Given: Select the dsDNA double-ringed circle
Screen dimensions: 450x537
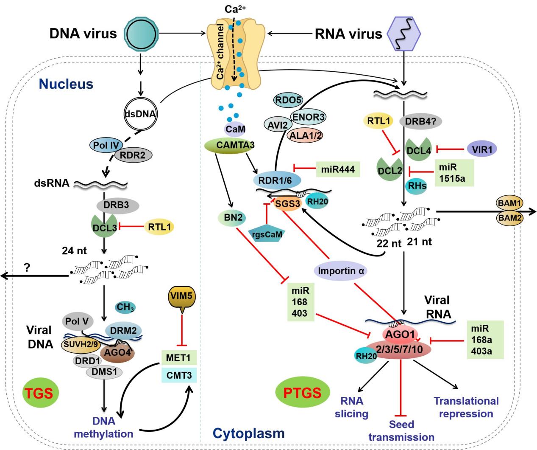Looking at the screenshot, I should [140, 114].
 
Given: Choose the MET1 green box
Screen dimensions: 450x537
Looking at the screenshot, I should [178, 358].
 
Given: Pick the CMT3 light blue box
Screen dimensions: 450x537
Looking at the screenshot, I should [178, 375].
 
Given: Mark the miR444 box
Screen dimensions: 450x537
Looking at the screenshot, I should [338, 169].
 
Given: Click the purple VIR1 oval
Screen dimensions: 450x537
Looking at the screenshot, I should [482, 149].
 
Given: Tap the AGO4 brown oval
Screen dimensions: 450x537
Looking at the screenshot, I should [117, 352].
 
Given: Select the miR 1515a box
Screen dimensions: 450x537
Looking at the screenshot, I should [454, 172].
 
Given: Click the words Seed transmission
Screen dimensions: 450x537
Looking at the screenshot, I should [401, 430].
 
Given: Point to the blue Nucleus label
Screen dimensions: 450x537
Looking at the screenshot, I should [66, 84].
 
